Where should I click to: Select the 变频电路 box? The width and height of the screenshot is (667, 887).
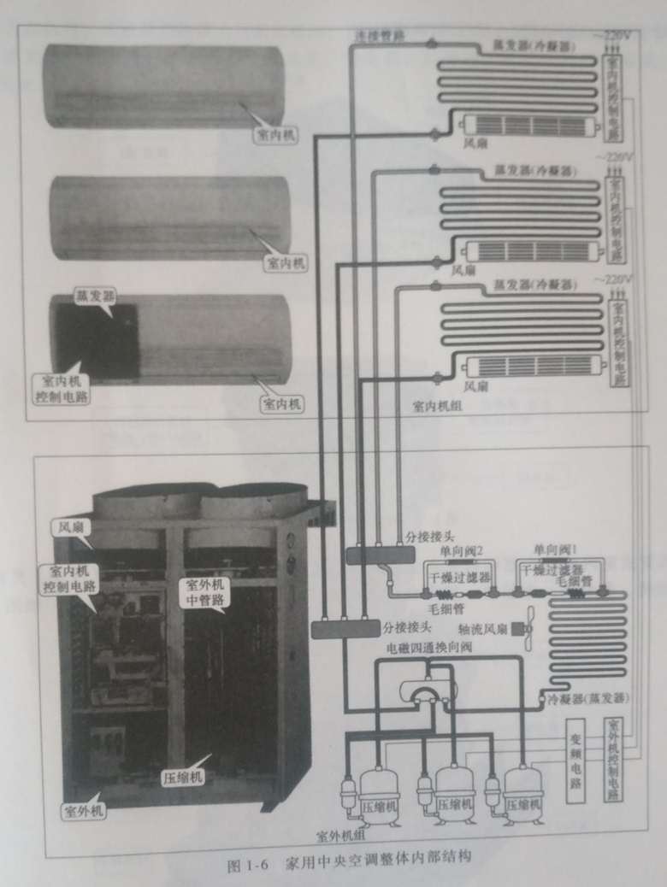576,762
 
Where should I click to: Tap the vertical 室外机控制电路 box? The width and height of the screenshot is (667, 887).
611,760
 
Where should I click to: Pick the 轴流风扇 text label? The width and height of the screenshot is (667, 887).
484,629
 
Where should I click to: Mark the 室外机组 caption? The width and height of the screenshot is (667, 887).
341,835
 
